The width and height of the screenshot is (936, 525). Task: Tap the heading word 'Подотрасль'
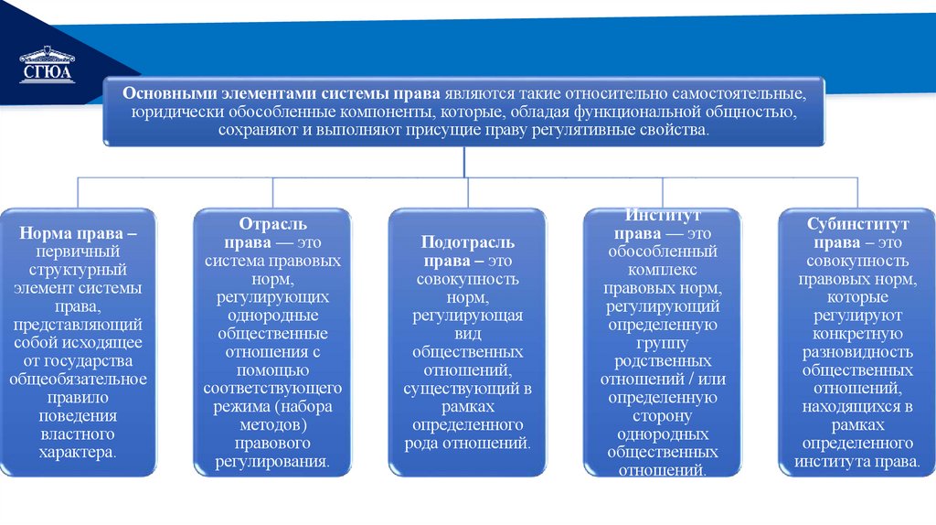(x=467, y=242)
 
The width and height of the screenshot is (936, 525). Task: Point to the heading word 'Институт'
(x=663, y=216)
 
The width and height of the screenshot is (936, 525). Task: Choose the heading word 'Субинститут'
(x=857, y=224)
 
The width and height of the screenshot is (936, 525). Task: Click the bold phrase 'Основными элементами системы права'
(x=282, y=93)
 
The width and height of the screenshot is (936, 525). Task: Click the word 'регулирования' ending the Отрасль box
(x=271, y=461)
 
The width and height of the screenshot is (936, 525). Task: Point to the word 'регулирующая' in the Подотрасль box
(x=467, y=316)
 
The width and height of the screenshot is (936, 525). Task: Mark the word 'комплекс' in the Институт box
(x=663, y=270)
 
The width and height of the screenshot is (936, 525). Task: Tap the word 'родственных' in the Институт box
(x=663, y=360)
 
